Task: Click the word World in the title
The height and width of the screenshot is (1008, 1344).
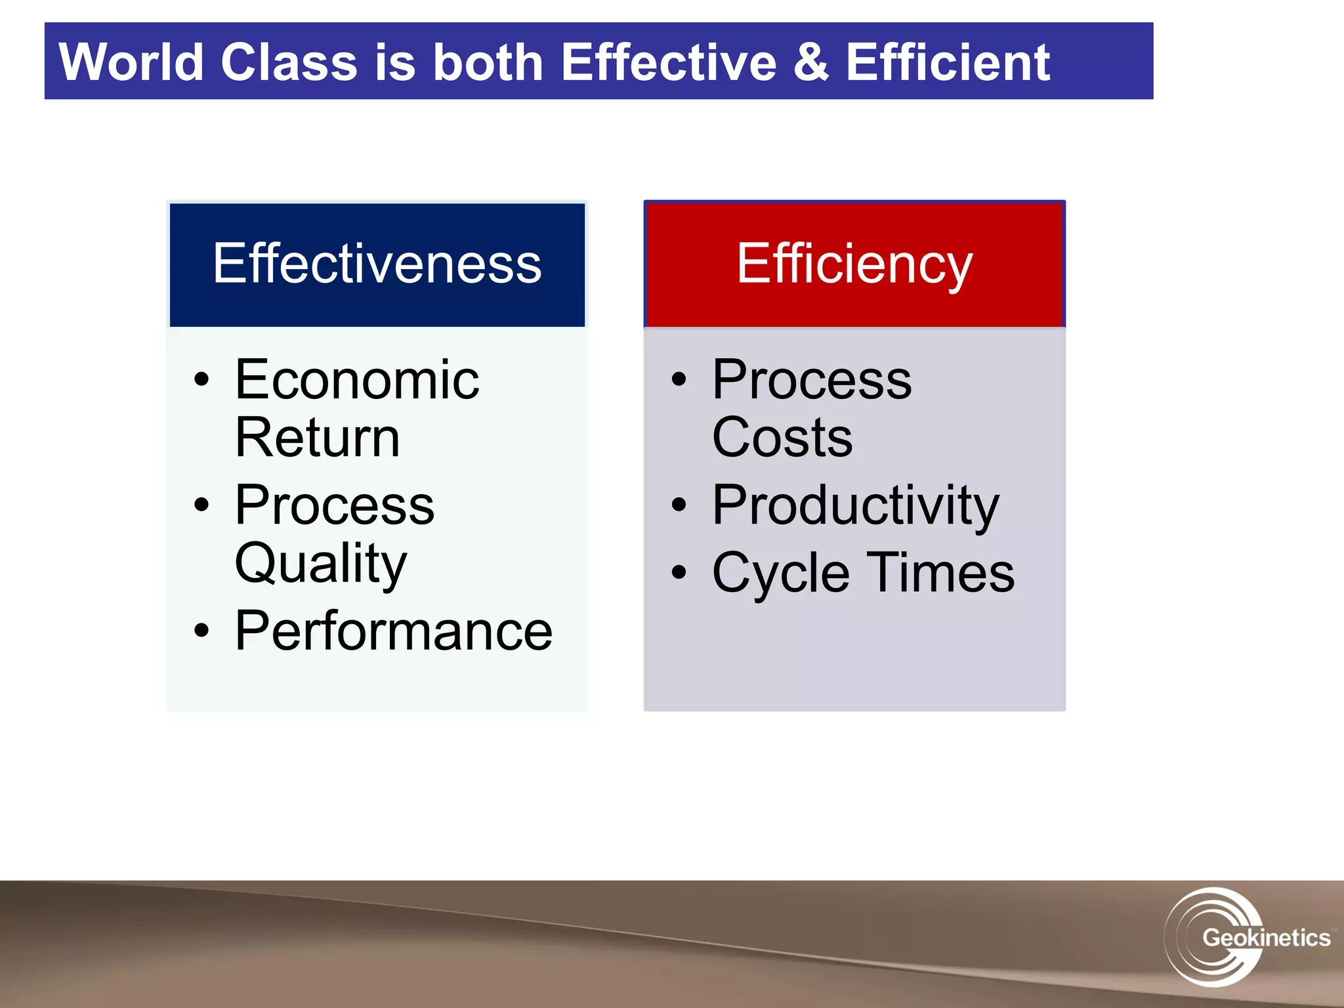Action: [131, 62]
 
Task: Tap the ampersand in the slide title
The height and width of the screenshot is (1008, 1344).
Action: [810, 62]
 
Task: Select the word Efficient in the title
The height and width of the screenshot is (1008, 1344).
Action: [948, 62]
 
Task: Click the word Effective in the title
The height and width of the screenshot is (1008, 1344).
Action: [669, 62]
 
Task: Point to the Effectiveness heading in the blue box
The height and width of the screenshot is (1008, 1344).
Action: [377, 264]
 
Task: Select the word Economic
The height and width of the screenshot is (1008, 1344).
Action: [357, 380]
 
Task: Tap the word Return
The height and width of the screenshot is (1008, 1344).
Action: [318, 438]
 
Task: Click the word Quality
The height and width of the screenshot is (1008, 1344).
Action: [321, 563]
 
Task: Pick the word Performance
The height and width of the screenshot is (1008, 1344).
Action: [394, 631]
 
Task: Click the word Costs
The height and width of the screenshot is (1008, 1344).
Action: [782, 438]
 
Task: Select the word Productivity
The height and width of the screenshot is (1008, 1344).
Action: [856, 505]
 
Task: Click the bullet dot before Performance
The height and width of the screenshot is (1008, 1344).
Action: [201, 631]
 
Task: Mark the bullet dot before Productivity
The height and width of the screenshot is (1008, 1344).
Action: [679, 505]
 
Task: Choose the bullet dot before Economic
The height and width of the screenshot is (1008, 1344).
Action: [201, 379]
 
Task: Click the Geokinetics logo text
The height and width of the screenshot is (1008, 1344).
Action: [1265, 937]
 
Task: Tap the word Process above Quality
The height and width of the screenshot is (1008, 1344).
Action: [335, 505]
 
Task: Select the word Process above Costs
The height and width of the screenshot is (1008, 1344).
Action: [812, 380]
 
